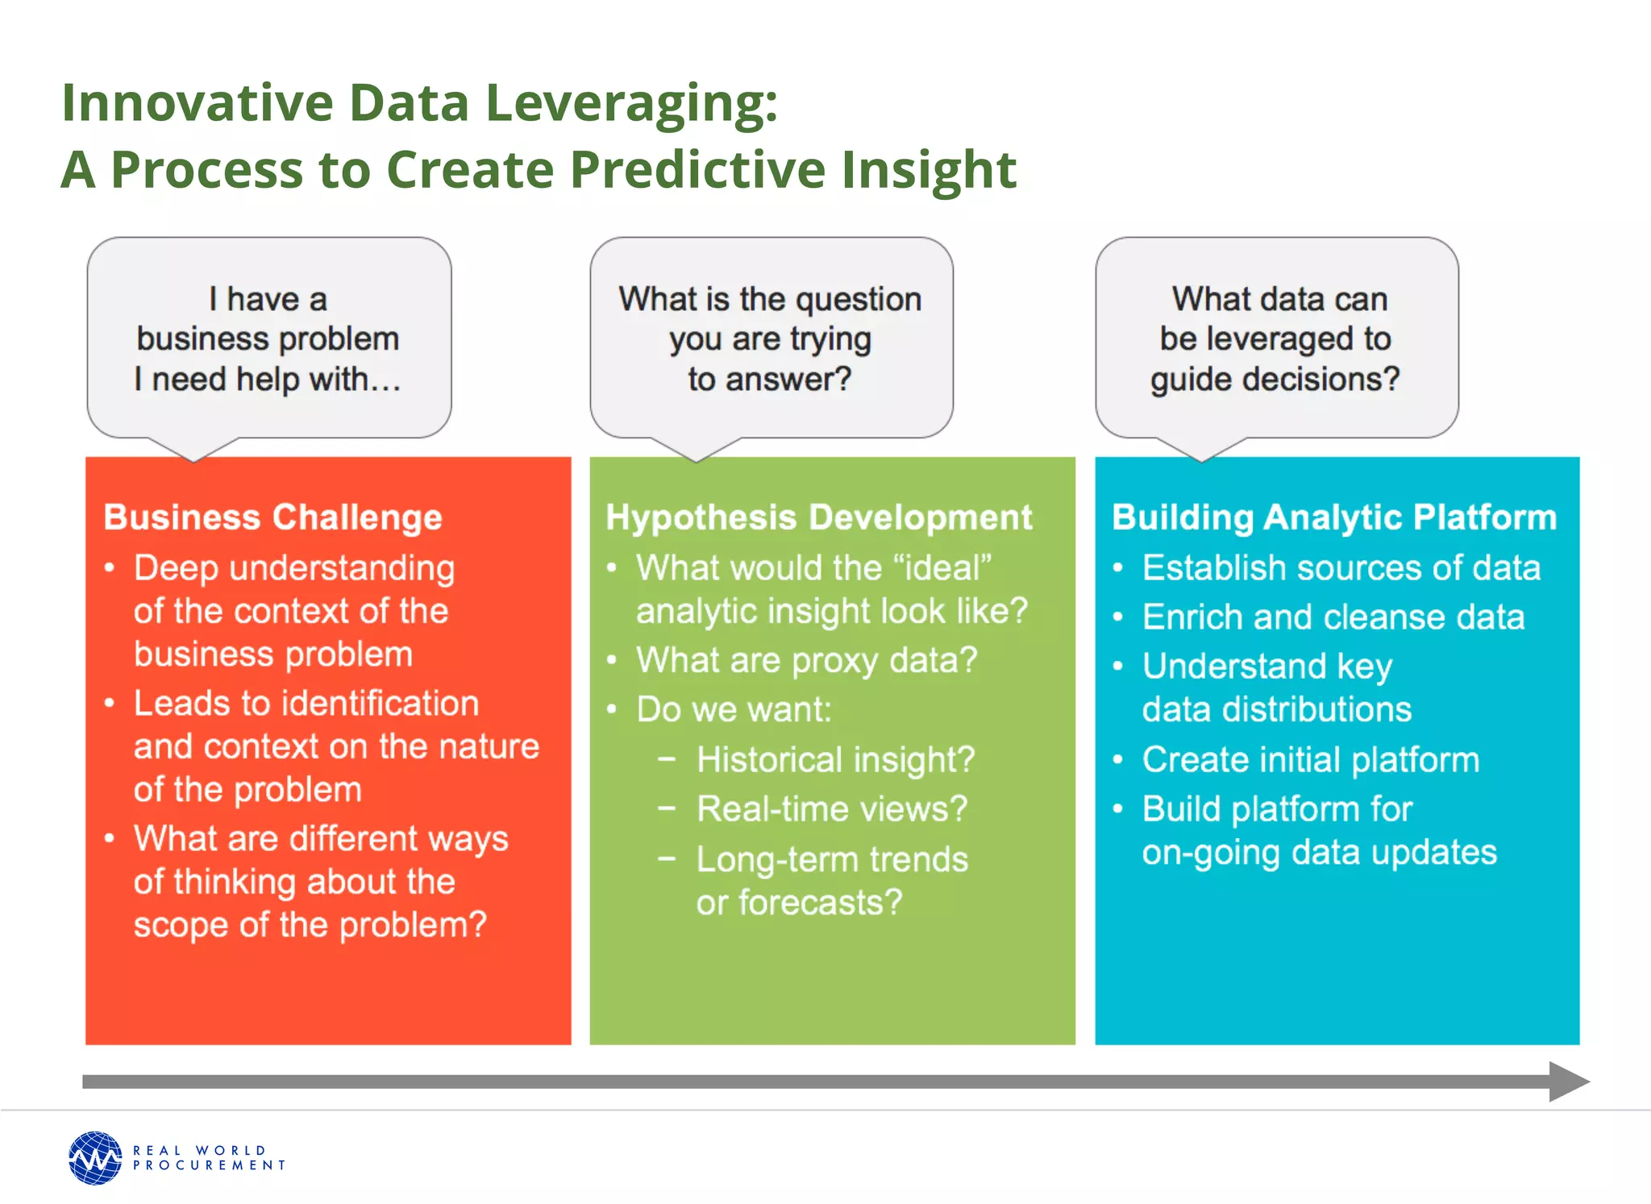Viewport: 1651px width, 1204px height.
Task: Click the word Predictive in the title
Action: pyautogui.click(x=699, y=170)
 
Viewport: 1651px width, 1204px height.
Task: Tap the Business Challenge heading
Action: pyautogui.click(x=272, y=517)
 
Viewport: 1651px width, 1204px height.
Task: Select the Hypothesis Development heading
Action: pyautogui.click(x=818, y=517)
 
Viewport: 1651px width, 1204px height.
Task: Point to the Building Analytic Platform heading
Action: pyautogui.click(x=1333, y=517)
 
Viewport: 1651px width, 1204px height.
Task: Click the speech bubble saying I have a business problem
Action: pyautogui.click(x=268, y=339)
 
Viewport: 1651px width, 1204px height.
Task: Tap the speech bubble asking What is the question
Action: pyautogui.click(x=771, y=339)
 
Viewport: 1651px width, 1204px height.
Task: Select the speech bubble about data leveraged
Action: pyautogui.click(x=1275, y=339)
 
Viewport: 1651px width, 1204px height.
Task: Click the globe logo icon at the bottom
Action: pyautogui.click(x=95, y=1158)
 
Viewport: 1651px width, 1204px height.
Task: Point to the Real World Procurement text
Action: pyautogui.click(x=209, y=1158)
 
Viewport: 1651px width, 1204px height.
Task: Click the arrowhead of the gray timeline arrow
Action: pyautogui.click(x=1568, y=1082)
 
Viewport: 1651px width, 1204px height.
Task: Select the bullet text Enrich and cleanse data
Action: pyautogui.click(x=1333, y=617)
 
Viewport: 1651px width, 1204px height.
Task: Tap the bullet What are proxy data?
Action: pyautogui.click(x=806, y=661)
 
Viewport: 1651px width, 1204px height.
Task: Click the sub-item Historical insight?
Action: pyautogui.click(x=835, y=760)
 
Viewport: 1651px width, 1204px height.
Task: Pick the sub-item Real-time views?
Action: pyautogui.click(x=831, y=809)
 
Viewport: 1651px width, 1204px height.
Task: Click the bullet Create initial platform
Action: pyautogui.click(x=1311, y=760)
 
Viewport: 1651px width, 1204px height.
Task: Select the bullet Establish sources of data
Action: pyautogui.click(x=1341, y=568)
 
